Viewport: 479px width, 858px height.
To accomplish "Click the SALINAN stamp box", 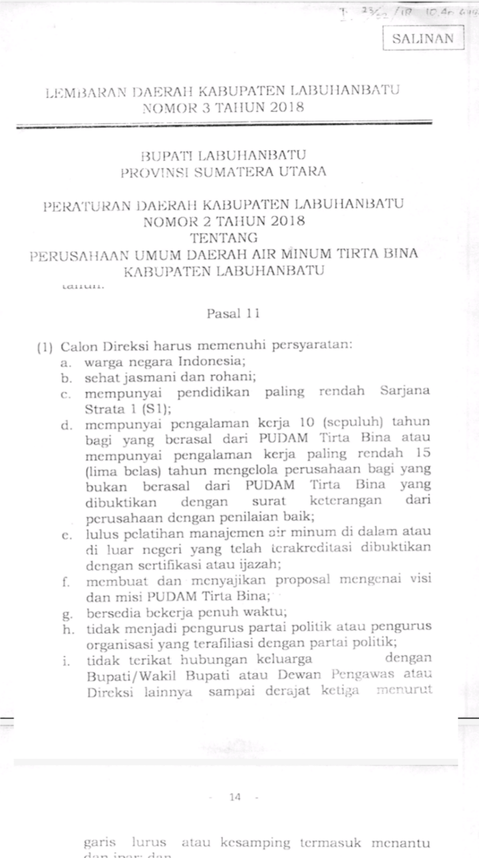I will click(423, 38).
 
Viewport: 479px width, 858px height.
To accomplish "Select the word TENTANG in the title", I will click(224, 237).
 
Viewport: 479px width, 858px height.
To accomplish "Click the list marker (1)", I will click(45, 346).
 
